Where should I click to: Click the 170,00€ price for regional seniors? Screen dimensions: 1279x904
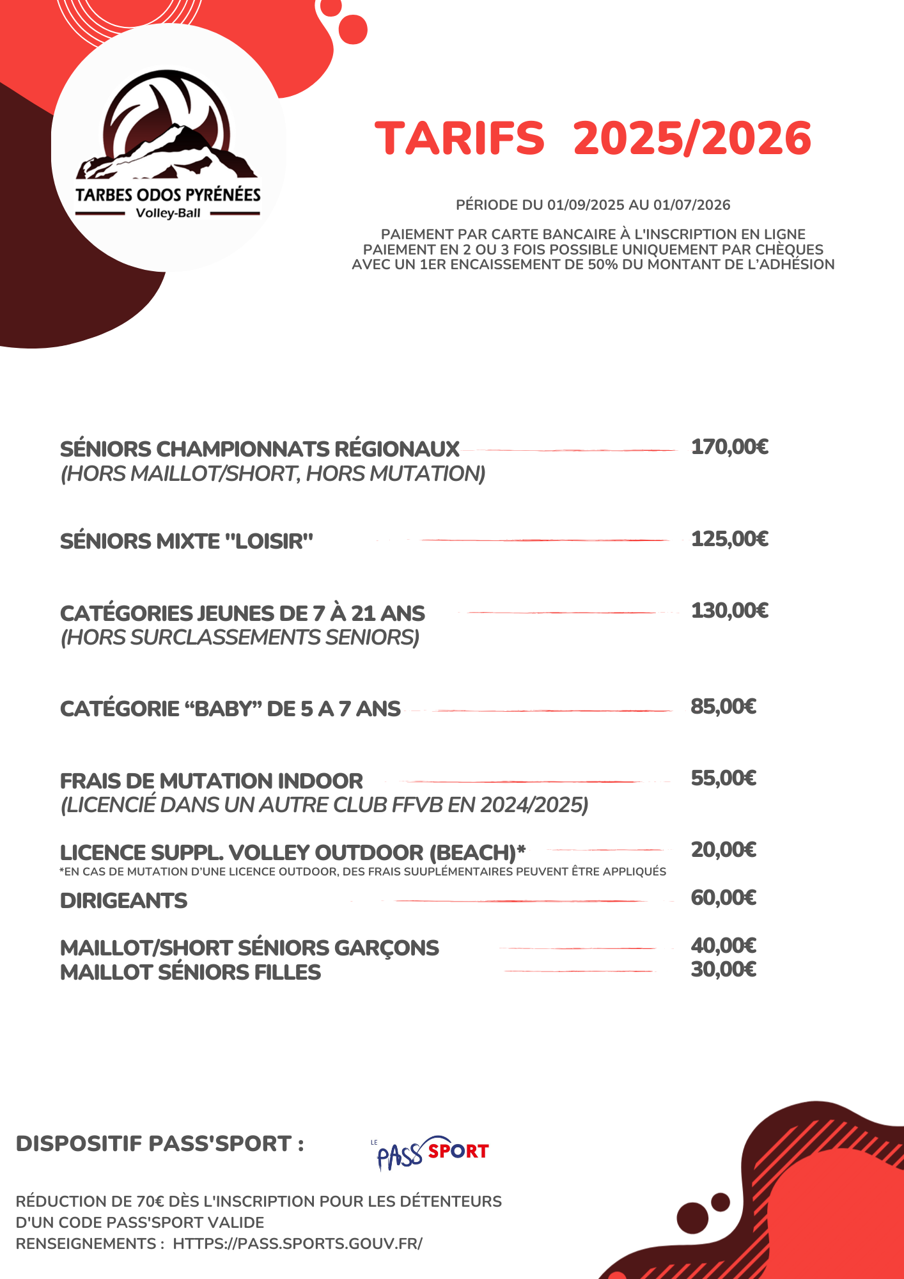point(729,447)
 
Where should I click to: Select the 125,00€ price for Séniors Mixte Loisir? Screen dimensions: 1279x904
point(729,539)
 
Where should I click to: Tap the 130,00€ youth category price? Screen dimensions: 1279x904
point(729,611)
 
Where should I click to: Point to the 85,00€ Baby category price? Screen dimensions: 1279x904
point(723,707)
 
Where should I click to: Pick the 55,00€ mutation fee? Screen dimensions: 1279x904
point(723,778)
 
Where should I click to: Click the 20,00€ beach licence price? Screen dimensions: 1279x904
point(723,850)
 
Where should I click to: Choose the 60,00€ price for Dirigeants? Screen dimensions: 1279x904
point(723,898)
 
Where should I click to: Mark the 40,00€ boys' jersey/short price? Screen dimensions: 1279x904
point(723,945)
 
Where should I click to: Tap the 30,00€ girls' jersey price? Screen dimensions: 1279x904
point(723,969)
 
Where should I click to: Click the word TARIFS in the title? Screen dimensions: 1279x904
point(460,138)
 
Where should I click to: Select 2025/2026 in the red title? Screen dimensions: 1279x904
point(692,138)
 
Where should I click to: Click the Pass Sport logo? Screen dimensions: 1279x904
point(432,1152)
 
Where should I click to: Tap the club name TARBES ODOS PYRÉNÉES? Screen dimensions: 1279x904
point(168,194)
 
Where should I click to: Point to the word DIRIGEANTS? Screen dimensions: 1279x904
point(123,901)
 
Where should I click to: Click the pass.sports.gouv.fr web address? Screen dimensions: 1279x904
point(297,1244)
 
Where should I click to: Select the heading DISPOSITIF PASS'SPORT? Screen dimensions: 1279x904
point(160,1143)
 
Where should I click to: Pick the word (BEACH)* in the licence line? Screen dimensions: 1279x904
point(477,852)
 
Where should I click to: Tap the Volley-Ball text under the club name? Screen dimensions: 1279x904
point(168,213)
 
